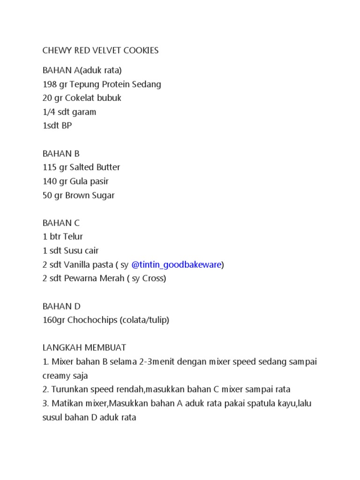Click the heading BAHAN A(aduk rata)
click(x=82, y=70)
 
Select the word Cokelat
click(x=86, y=98)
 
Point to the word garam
click(x=85, y=112)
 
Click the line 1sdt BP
click(x=57, y=126)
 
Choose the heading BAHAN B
click(x=61, y=153)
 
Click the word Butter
click(x=108, y=167)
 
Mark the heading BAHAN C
click(x=61, y=223)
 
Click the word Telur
click(x=73, y=237)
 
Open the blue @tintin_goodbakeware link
click(x=176, y=265)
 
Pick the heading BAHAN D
click(x=61, y=306)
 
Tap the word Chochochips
click(x=92, y=320)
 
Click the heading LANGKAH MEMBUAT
click(x=84, y=348)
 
